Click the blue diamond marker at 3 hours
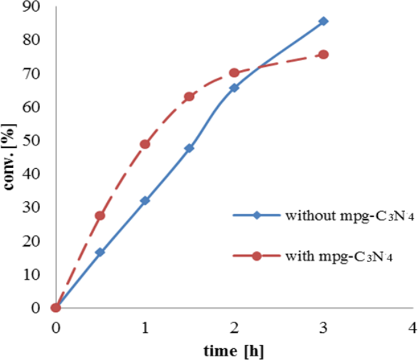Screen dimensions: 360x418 pos(323,21)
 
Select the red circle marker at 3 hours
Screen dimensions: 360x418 pos(323,54)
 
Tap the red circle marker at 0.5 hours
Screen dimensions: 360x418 pos(100,215)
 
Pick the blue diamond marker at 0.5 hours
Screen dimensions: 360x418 pos(100,252)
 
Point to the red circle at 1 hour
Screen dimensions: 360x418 pos(145,144)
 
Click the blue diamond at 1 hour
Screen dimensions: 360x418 pos(145,200)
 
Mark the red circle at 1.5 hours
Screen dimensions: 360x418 pos(189,97)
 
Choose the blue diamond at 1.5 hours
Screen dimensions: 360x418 pos(189,148)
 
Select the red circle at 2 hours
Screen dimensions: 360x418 pos(234,73)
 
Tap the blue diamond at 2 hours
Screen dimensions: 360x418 pos(234,88)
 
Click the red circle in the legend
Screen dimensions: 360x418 pos(256,256)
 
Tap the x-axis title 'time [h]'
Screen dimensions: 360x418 pos(233,350)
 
